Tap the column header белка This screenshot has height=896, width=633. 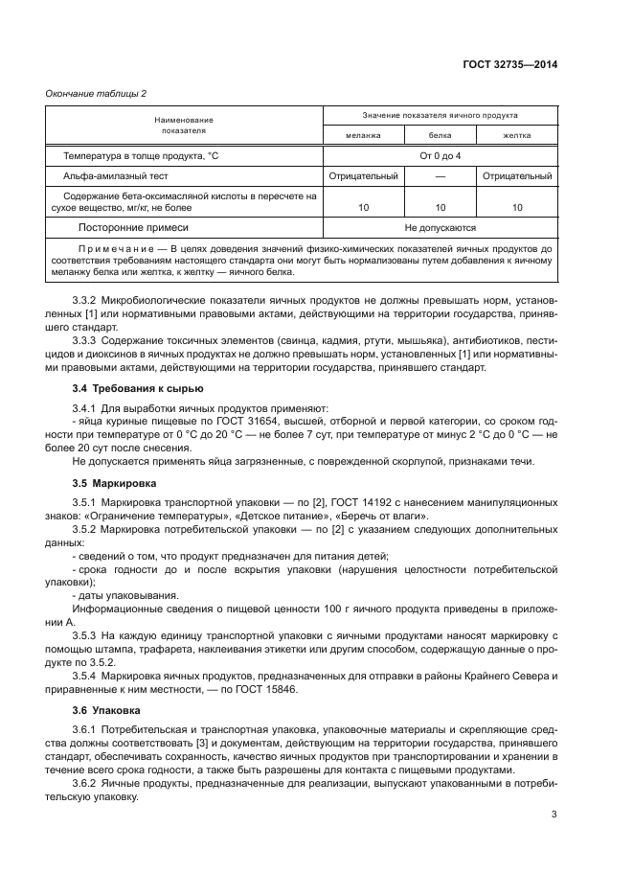pos(440,135)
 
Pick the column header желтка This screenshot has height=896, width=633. pos(516,135)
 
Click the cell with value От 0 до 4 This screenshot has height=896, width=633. pos(440,155)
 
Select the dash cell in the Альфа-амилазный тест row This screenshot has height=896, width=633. pos(440,176)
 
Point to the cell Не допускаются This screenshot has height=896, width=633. pos(440,228)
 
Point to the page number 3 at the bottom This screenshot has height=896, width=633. pos(554,815)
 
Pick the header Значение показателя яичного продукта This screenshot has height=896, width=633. pos(440,115)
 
